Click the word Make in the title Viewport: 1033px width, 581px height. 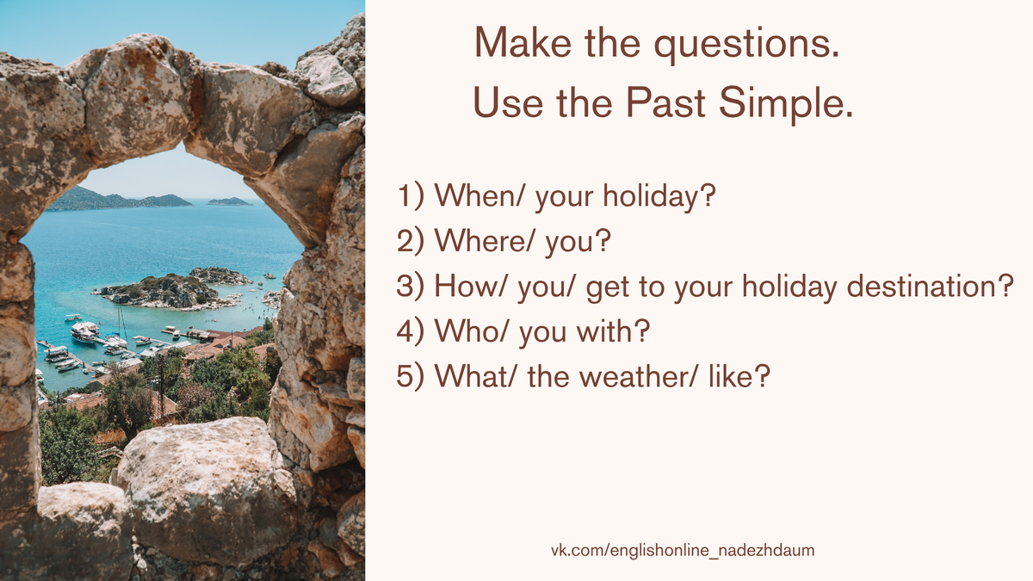(x=523, y=42)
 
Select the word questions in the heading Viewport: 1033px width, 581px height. (x=746, y=45)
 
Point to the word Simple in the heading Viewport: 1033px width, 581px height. (x=786, y=104)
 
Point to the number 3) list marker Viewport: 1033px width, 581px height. (x=410, y=287)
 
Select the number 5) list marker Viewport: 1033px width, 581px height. (x=410, y=377)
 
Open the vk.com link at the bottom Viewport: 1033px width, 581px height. (x=683, y=551)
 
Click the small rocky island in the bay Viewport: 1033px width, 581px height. (x=166, y=292)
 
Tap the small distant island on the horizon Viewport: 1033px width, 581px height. (x=229, y=201)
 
